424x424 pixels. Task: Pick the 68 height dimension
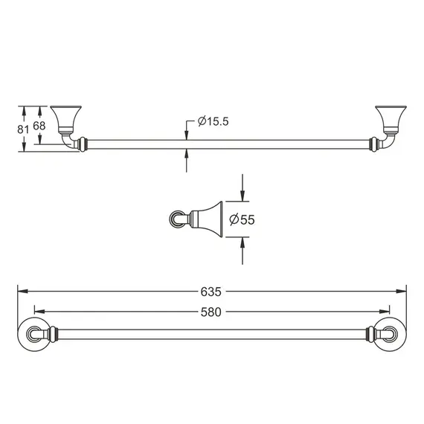39,126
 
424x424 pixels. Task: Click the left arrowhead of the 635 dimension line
20,290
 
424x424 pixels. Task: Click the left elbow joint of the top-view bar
70,141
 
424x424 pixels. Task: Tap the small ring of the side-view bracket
176,219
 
